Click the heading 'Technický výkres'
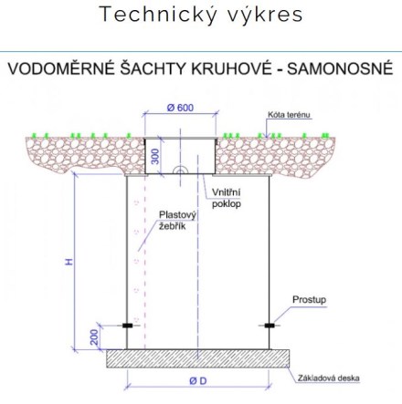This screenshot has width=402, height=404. (x=201, y=15)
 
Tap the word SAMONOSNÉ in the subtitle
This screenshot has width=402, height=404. (x=340, y=68)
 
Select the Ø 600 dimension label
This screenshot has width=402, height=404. (x=180, y=108)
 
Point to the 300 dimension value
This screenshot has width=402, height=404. (x=155, y=156)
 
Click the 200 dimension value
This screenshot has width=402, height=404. (x=95, y=337)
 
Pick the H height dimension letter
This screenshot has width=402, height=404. (x=69, y=262)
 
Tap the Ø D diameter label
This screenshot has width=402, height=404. (x=198, y=380)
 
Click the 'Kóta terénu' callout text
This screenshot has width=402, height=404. (x=289, y=115)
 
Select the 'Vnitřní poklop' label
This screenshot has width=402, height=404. (x=227, y=198)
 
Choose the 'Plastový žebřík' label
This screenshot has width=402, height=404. (x=177, y=221)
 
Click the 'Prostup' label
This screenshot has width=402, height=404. (x=309, y=300)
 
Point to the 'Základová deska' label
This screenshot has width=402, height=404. (x=329, y=378)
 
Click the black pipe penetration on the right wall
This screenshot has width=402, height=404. (x=270, y=326)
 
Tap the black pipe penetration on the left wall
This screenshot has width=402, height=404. (x=127, y=326)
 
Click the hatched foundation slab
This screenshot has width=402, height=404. (x=197, y=358)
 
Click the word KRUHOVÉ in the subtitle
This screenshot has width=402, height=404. (x=231, y=68)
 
